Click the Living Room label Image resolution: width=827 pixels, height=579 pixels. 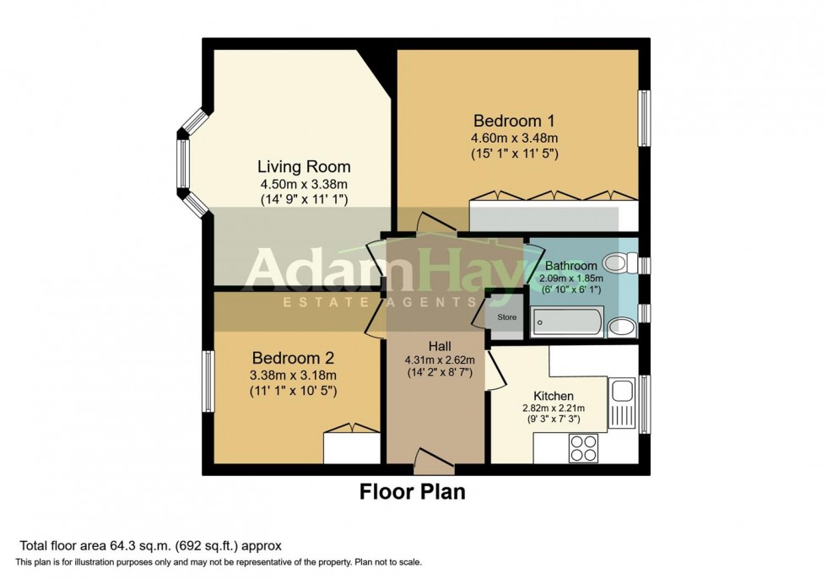click(304, 166)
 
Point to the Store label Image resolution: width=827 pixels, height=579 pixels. click(505, 317)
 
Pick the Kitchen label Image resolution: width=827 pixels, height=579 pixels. click(554, 395)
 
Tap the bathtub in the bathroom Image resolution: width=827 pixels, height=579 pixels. click(567, 322)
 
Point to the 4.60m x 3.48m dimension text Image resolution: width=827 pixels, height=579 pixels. click(515, 138)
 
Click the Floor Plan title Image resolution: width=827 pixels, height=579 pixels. click(413, 491)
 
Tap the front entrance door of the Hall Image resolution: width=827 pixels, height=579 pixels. click(435, 459)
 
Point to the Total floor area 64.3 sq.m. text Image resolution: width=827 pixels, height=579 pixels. click(149, 546)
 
